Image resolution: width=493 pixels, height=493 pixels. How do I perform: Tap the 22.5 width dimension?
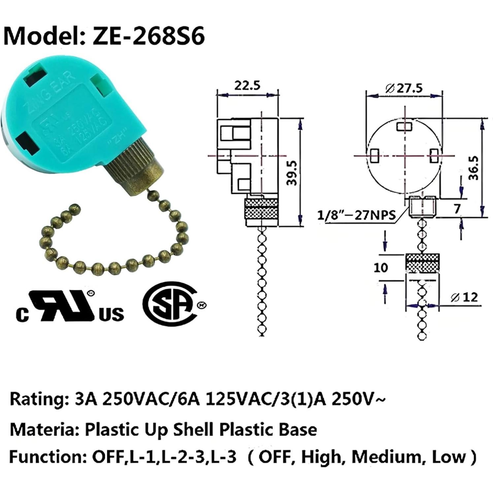point(247,85)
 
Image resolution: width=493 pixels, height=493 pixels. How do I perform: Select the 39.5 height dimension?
point(292,173)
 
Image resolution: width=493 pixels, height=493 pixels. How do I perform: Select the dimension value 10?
point(380,267)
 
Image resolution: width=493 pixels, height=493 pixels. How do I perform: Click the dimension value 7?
point(457,209)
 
